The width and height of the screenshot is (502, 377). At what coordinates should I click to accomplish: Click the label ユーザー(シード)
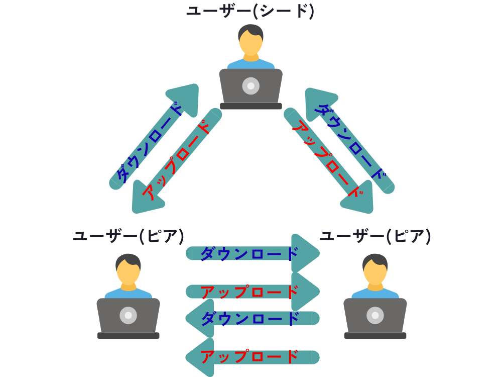(250, 11)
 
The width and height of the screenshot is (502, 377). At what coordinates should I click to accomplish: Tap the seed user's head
(250, 40)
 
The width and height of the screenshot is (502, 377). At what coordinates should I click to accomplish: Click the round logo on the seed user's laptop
(251, 86)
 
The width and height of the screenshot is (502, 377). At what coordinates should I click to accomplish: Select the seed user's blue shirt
(251, 64)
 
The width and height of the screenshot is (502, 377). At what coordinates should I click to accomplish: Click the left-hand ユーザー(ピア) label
(128, 236)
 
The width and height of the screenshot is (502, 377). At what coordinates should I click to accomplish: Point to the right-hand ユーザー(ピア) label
(375, 236)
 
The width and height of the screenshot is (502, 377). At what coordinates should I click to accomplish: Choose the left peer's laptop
(129, 317)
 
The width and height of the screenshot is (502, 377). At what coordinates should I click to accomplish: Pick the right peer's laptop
(375, 317)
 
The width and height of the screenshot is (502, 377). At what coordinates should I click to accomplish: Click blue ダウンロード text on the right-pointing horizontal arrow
(249, 253)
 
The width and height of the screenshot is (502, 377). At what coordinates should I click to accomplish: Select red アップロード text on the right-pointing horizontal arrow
(249, 292)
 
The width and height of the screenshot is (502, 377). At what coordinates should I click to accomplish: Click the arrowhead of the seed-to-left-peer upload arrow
(145, 200)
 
